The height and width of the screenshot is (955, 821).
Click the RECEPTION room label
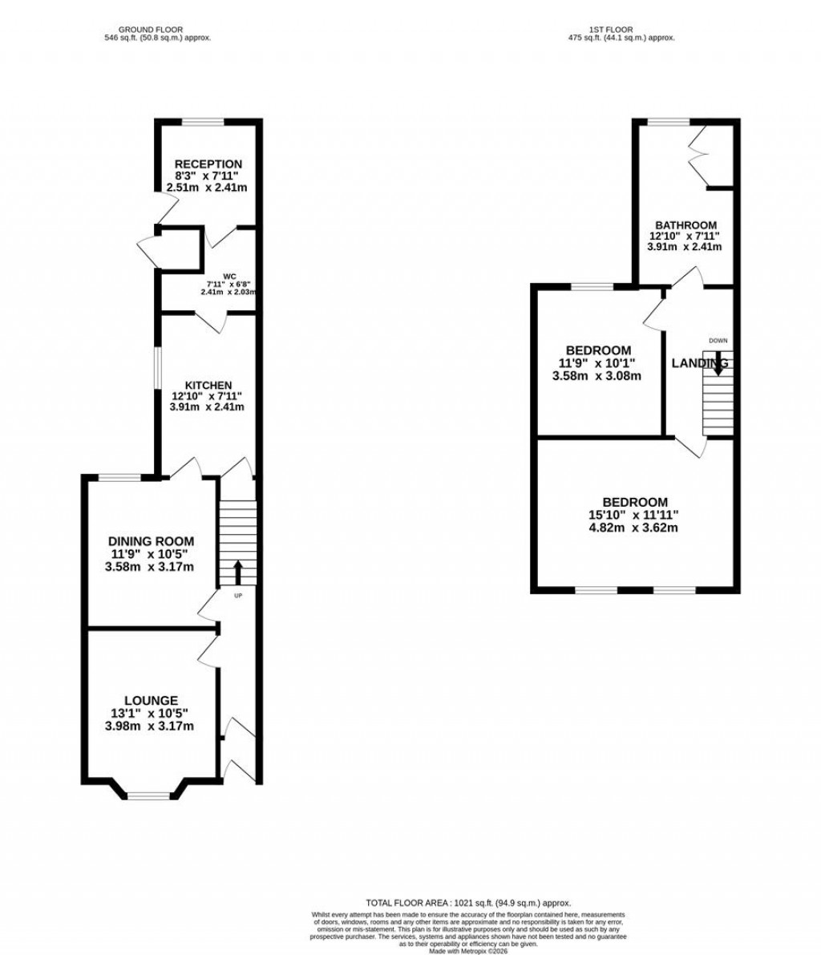(208, 164)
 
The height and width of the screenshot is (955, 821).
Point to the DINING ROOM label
(151, 541)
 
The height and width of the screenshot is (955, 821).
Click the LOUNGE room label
(151, 700)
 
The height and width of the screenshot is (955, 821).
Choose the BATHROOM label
(685, 225)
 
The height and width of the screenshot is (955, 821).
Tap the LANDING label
(699, 363)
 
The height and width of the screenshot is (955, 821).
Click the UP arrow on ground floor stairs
(238, 573)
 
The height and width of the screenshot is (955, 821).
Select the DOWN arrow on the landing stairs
(718, 363)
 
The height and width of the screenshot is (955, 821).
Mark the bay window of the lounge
(150, 795)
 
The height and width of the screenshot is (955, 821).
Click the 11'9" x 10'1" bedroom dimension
(599, 363)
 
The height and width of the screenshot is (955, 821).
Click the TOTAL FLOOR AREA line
(468, 903)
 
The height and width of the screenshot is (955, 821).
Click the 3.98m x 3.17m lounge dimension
(151, 726)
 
